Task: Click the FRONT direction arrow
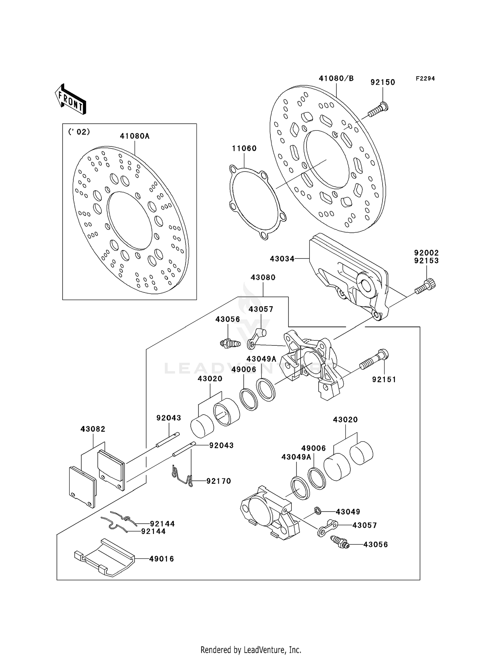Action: [x=70, y=100]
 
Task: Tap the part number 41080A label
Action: [x=135, y=136]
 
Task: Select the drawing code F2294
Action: [x=425, y=79]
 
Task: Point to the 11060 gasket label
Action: [x=244, y=148]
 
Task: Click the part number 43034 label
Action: [x=282, y=259]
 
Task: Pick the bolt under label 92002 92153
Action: [x=425, y=287]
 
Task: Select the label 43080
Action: [x=263, y=278]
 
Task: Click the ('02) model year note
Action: [x=79, y=132]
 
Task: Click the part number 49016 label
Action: [x=161, y=559]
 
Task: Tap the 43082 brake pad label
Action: [x=93, y=429]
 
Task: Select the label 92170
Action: [x=219, y=481]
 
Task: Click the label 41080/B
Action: [x=336, y=79]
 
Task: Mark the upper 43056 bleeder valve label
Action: [x=228, y=319]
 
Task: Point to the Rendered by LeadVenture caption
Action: [x=251, y=650]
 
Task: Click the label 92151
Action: [x=384, y=379]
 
